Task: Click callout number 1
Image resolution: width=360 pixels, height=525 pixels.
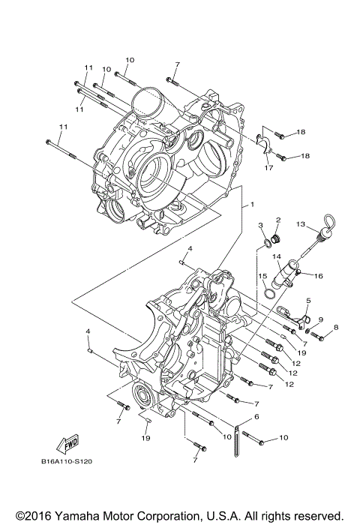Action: tap(253, 204)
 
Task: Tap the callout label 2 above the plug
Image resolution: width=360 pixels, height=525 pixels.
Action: tap(277, 220)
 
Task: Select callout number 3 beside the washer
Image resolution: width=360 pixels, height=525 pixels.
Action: tap(260, 226)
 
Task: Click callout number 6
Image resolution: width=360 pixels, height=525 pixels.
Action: tap(256, 417)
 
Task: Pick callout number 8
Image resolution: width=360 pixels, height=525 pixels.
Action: tap(336, 327)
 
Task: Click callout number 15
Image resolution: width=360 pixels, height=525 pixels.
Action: tap(263, 276)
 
